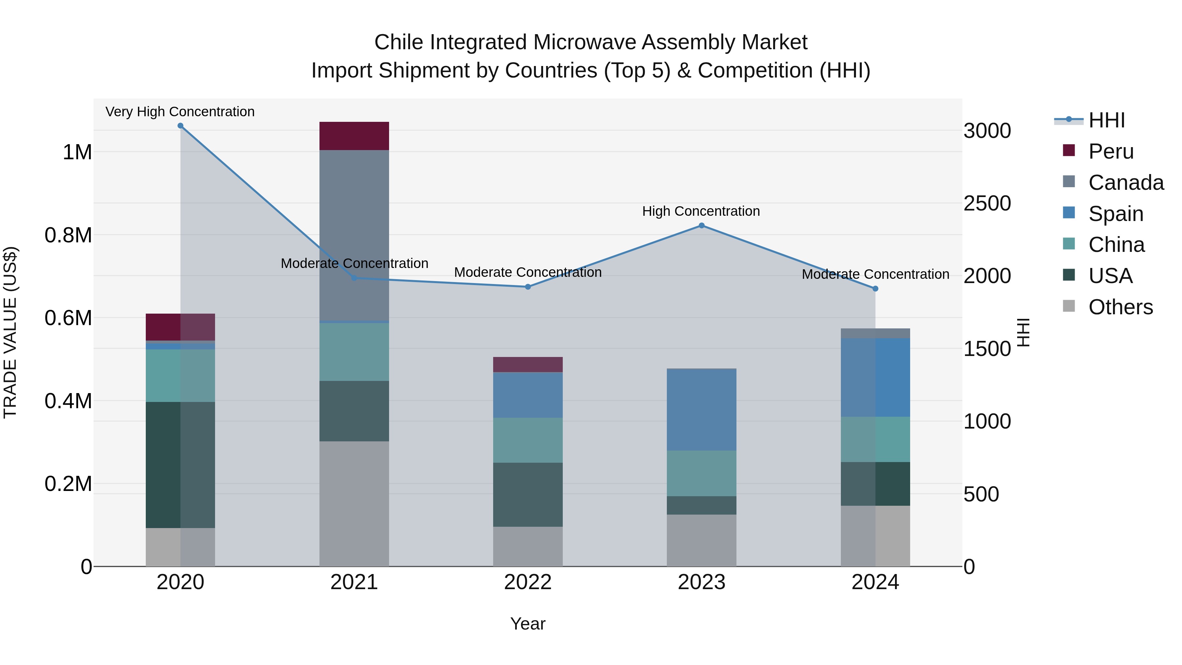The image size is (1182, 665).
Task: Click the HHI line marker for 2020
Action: point(180,126)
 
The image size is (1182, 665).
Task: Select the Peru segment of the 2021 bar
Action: point(354,136)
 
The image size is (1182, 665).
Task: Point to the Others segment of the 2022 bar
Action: point(528,546)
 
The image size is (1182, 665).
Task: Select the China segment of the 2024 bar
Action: point(875,439)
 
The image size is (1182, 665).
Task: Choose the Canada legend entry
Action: point(1126,183)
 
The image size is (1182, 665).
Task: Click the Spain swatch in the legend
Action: point(1069,213)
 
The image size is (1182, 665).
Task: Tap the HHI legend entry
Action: point(1106,120)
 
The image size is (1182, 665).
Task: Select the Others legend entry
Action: point(1120,307)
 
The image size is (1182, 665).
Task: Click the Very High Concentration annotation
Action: point(180,112)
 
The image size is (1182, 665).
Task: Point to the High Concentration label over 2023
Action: point(701,211)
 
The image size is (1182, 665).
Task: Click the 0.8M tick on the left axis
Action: point(68,235)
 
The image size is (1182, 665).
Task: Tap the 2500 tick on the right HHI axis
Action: point(987,203)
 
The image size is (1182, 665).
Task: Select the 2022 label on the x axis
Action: point(528,582)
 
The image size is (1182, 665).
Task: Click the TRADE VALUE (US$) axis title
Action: point(10,332)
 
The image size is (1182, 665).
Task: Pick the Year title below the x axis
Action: point(528,624)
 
